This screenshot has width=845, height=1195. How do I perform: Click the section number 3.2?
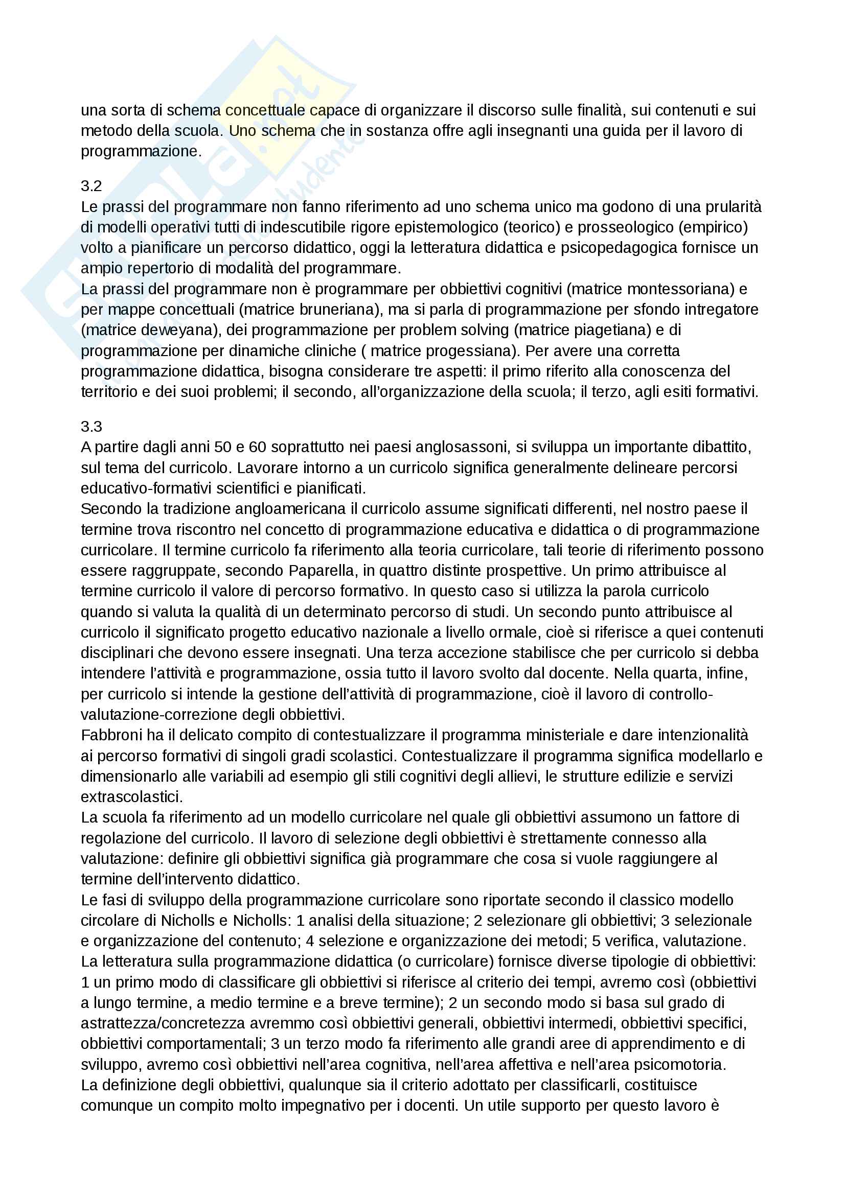tap(91, 186)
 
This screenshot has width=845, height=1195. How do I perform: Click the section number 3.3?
tap(91, 426)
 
